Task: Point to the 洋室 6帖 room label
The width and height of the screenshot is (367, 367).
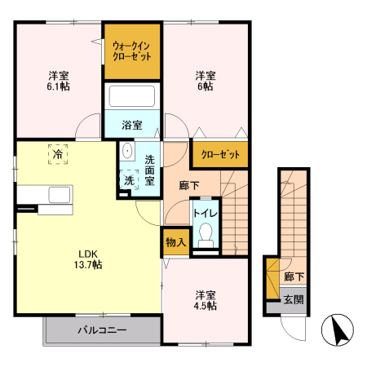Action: click(205, 81)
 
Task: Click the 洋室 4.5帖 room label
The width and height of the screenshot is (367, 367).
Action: click(205, 299)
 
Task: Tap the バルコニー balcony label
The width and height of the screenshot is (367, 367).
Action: click(102, 330)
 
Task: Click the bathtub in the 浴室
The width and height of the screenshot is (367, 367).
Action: click(132, 97)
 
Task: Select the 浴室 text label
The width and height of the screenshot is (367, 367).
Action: click(132, 125)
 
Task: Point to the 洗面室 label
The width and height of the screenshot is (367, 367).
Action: click(150, 169)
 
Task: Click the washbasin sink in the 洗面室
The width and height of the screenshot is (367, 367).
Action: click(127, 153)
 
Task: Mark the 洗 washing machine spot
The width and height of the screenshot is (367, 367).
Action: click(129, 180)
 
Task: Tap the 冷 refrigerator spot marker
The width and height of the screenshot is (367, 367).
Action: click(58, 153)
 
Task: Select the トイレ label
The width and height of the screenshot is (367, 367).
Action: click(204, 214)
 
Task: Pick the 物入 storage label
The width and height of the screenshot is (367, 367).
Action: click(175, 242)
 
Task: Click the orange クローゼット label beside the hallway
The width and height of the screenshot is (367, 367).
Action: click(219, 154)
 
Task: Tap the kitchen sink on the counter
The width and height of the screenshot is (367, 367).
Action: click(60, 196)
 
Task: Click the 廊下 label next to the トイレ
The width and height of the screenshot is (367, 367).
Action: click(190, 185)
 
